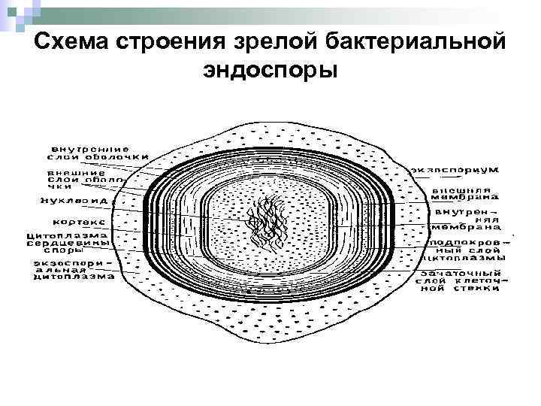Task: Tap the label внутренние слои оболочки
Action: coord(88,153)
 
